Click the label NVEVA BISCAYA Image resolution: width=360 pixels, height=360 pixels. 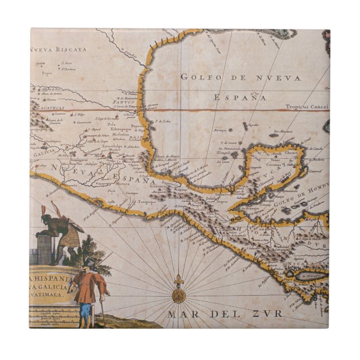pyautogui.click(x=58, y=49)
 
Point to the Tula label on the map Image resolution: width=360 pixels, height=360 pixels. pyautogui.click(x=112, y=125)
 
